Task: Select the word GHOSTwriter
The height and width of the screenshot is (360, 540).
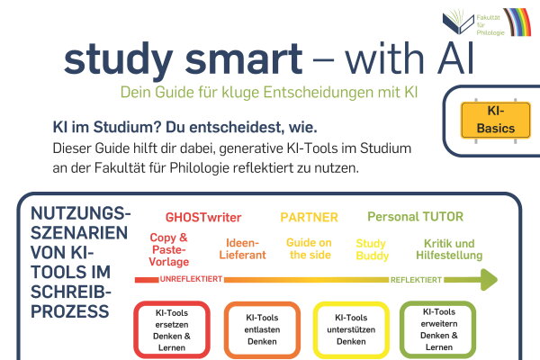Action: click(x=202, y=218)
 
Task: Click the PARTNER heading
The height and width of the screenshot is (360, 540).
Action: click(x=309, y=218)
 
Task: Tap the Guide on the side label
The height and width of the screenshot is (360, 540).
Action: click(x=310, y=249)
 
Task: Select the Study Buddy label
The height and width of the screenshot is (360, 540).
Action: click(x=371, y=249)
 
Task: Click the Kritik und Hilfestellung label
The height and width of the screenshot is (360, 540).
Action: click(x=450, y=249)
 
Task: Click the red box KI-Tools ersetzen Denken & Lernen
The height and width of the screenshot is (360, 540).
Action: click(x=171, y=329)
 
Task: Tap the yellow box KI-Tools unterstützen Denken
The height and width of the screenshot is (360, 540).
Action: click(x=351, y=329)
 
